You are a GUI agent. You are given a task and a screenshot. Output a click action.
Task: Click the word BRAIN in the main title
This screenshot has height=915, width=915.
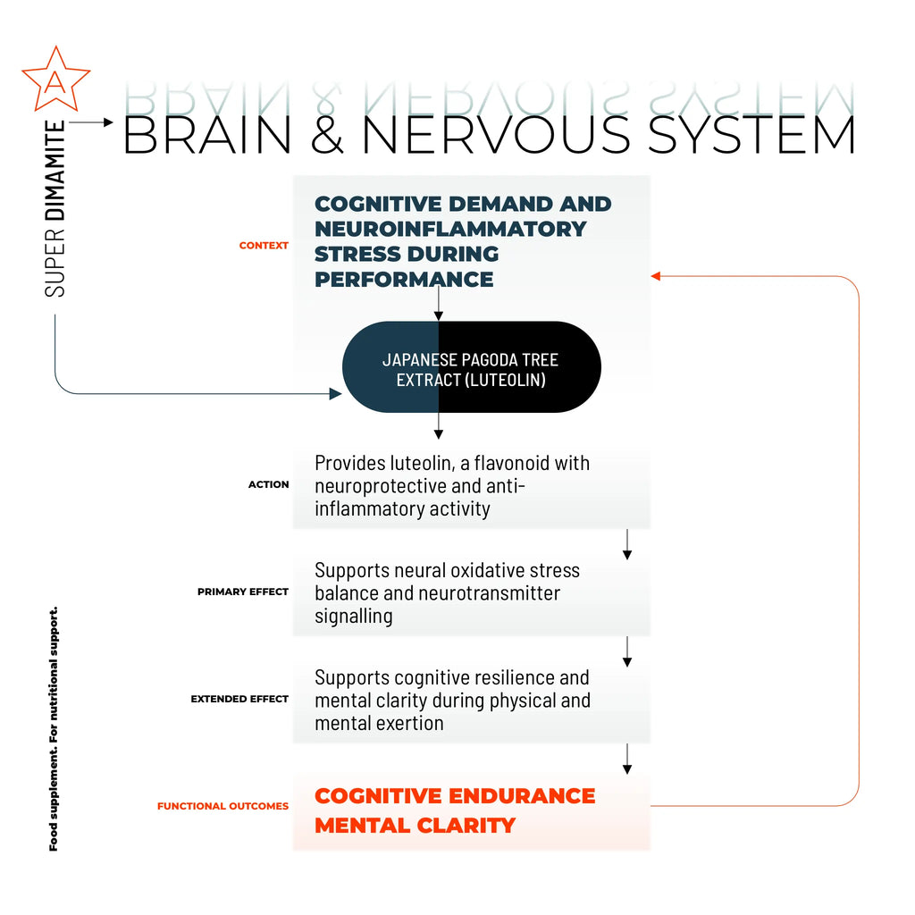[207, 135]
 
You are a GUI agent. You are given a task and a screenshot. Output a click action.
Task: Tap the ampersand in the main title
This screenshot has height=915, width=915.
[327, 135]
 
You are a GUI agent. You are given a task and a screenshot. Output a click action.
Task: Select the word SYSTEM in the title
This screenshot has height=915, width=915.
[751, 135]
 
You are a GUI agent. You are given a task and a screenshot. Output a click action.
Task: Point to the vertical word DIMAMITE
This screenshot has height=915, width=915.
[55, 171]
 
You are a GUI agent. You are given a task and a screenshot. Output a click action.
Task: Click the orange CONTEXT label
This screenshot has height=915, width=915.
[264, 246]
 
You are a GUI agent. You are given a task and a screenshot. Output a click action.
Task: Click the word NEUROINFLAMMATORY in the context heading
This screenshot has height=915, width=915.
[450, 229]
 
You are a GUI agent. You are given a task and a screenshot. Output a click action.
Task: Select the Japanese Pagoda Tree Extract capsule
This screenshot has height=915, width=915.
[472, 367]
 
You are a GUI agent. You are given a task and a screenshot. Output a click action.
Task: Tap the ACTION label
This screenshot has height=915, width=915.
[268, 484]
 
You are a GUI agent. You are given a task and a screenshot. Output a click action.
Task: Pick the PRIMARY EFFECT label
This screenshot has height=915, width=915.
[243, 592]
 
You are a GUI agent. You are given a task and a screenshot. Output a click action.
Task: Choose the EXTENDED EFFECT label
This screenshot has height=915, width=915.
[239, 699]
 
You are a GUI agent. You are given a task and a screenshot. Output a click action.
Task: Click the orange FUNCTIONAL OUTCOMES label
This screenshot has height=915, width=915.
[222, 807]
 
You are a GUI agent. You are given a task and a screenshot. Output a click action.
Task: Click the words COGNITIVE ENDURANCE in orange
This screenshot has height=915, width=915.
[455, 796]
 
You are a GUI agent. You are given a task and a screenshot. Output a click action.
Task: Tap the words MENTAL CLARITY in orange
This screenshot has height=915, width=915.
[415, 826]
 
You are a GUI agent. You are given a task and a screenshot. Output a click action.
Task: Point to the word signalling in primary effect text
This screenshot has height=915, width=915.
[354, 617]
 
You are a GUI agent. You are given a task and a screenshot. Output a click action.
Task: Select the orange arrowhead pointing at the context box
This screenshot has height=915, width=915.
[656, 276]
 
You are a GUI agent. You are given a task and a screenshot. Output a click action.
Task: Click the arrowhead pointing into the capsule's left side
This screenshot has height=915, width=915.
[336, 394]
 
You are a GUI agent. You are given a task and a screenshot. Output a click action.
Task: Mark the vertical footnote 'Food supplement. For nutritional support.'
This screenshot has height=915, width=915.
[53, 729]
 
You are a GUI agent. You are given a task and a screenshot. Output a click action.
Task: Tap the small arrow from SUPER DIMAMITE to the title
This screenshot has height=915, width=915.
[91, 122]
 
